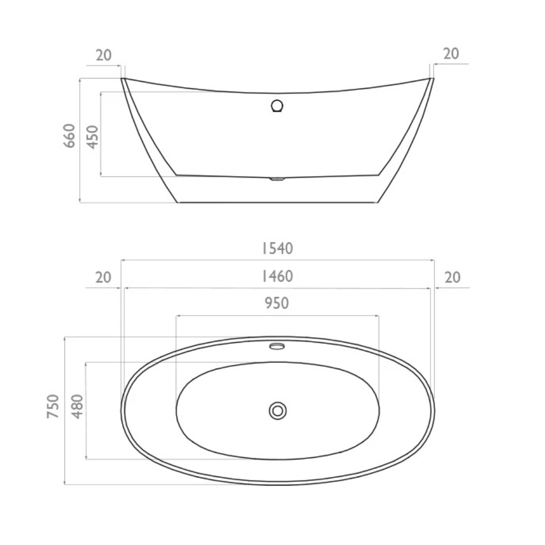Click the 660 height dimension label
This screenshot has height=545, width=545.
[x=70, y=136]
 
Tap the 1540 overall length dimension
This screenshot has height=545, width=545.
[x=276, y=249]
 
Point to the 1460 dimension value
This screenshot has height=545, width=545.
[x=276, y=277]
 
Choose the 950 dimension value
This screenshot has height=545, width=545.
[x=276, y=304]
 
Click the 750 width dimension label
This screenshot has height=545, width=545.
[x=53, y=406]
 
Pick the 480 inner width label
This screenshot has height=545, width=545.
[x=77, y=406]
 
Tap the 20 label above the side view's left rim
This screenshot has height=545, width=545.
[x=104, y=55]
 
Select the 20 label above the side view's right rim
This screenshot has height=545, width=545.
[x=451, y=54]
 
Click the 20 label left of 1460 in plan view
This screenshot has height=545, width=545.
[x=104, y=277]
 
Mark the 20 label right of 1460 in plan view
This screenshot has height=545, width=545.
[x=452, y=277]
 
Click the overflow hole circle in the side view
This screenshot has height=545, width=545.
[x=277, y=105]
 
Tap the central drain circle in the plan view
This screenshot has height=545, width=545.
[x=278, y=410]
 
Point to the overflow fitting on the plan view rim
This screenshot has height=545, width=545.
[x=277, y=346]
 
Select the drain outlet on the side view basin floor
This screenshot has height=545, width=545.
[x=277, y=178]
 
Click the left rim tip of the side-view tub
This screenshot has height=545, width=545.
[x=123, y=78]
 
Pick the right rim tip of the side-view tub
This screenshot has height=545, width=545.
[x=433, y=78]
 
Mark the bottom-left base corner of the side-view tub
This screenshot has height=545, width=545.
[x=178, y=202]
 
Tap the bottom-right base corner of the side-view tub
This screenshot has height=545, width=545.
[x=377, y=202]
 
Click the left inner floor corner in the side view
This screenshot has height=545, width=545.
[x=176, y=174]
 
